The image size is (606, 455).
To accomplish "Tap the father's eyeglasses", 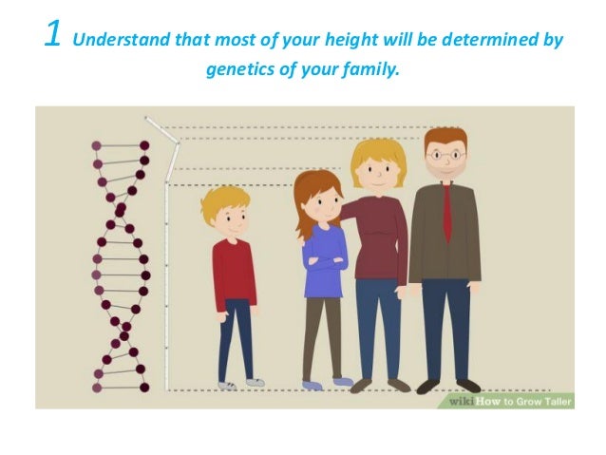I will tap(445, 153).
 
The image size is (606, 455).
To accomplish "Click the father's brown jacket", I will tap(426, 237).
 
